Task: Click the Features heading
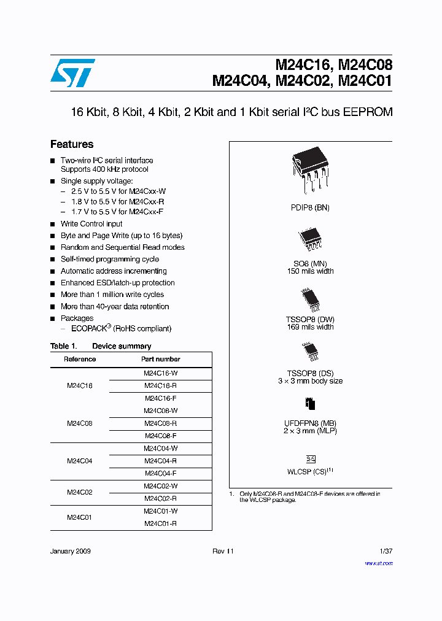click(x=72, y=144)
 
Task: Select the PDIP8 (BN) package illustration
click(x=310, y=169)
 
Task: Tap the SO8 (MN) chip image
click(x=310, y=239)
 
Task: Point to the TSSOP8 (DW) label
click(x=310, y=319)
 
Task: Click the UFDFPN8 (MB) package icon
click(x=310, y=404)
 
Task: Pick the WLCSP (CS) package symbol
click(x=311, y=459)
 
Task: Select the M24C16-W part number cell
click(x=160, y=373)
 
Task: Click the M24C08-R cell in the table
click(x=160, y=423)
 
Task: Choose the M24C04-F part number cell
click(x=160, y=473)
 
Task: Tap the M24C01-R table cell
click(x=160, y=523)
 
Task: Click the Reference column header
click(x=79, y=359)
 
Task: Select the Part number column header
click(x=160, y=359)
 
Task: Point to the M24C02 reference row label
click(x=79, y=492)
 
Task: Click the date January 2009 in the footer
click(x=71, y=551)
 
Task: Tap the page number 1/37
click(x=386, y=551)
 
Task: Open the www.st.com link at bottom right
click(x=379, y=563)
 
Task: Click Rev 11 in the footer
click(x=223, y=551)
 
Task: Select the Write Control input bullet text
click(x=91, y=224)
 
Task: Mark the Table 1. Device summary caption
click(x=101, y=346)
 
